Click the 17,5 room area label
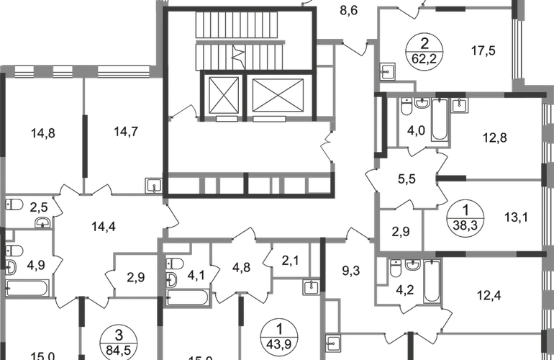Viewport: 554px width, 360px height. pyautogui.click(x=483, y=50)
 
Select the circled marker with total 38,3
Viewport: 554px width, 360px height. pyautogui.click(x=466, y=218)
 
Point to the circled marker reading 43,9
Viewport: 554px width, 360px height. pyautogui.click(x=278, y=337)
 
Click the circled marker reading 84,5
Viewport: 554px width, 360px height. pyautogui.click(x=119, y=343)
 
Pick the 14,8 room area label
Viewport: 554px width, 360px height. pyautogui.click(x=42, y=133)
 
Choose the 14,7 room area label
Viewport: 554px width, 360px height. pyautogui.click(x=126, y=132)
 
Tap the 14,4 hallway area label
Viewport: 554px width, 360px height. pyautogui.click(x=104, y=226)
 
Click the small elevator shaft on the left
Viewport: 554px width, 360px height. pyautogui.click(x=224, y=96)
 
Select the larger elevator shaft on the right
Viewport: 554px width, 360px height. pyautogui.click(x=278, y=96)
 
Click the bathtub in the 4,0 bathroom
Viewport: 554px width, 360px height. pyautogui.click(x=440, y=120)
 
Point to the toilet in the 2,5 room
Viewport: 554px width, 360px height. pyautogui.click(x=14, y=204)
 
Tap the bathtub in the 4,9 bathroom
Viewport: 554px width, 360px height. pyautogui.click(x=27, y=288)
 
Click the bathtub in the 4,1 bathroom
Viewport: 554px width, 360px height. pyautogui.click(x=188, y=297)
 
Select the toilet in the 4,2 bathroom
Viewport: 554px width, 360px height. pyautogui.click(x=396, y=269)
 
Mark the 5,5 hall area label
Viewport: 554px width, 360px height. pyautogui.click(x=407, y=179)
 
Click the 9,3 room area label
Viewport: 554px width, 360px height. pyautogui.click(x=351, y=271)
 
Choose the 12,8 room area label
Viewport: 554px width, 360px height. pyautogui.click(x=495, y=138)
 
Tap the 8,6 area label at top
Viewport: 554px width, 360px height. pyautogui.click(x=349, y=11)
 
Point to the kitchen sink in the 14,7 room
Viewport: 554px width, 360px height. pyautogui.click(x=154, y=186)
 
